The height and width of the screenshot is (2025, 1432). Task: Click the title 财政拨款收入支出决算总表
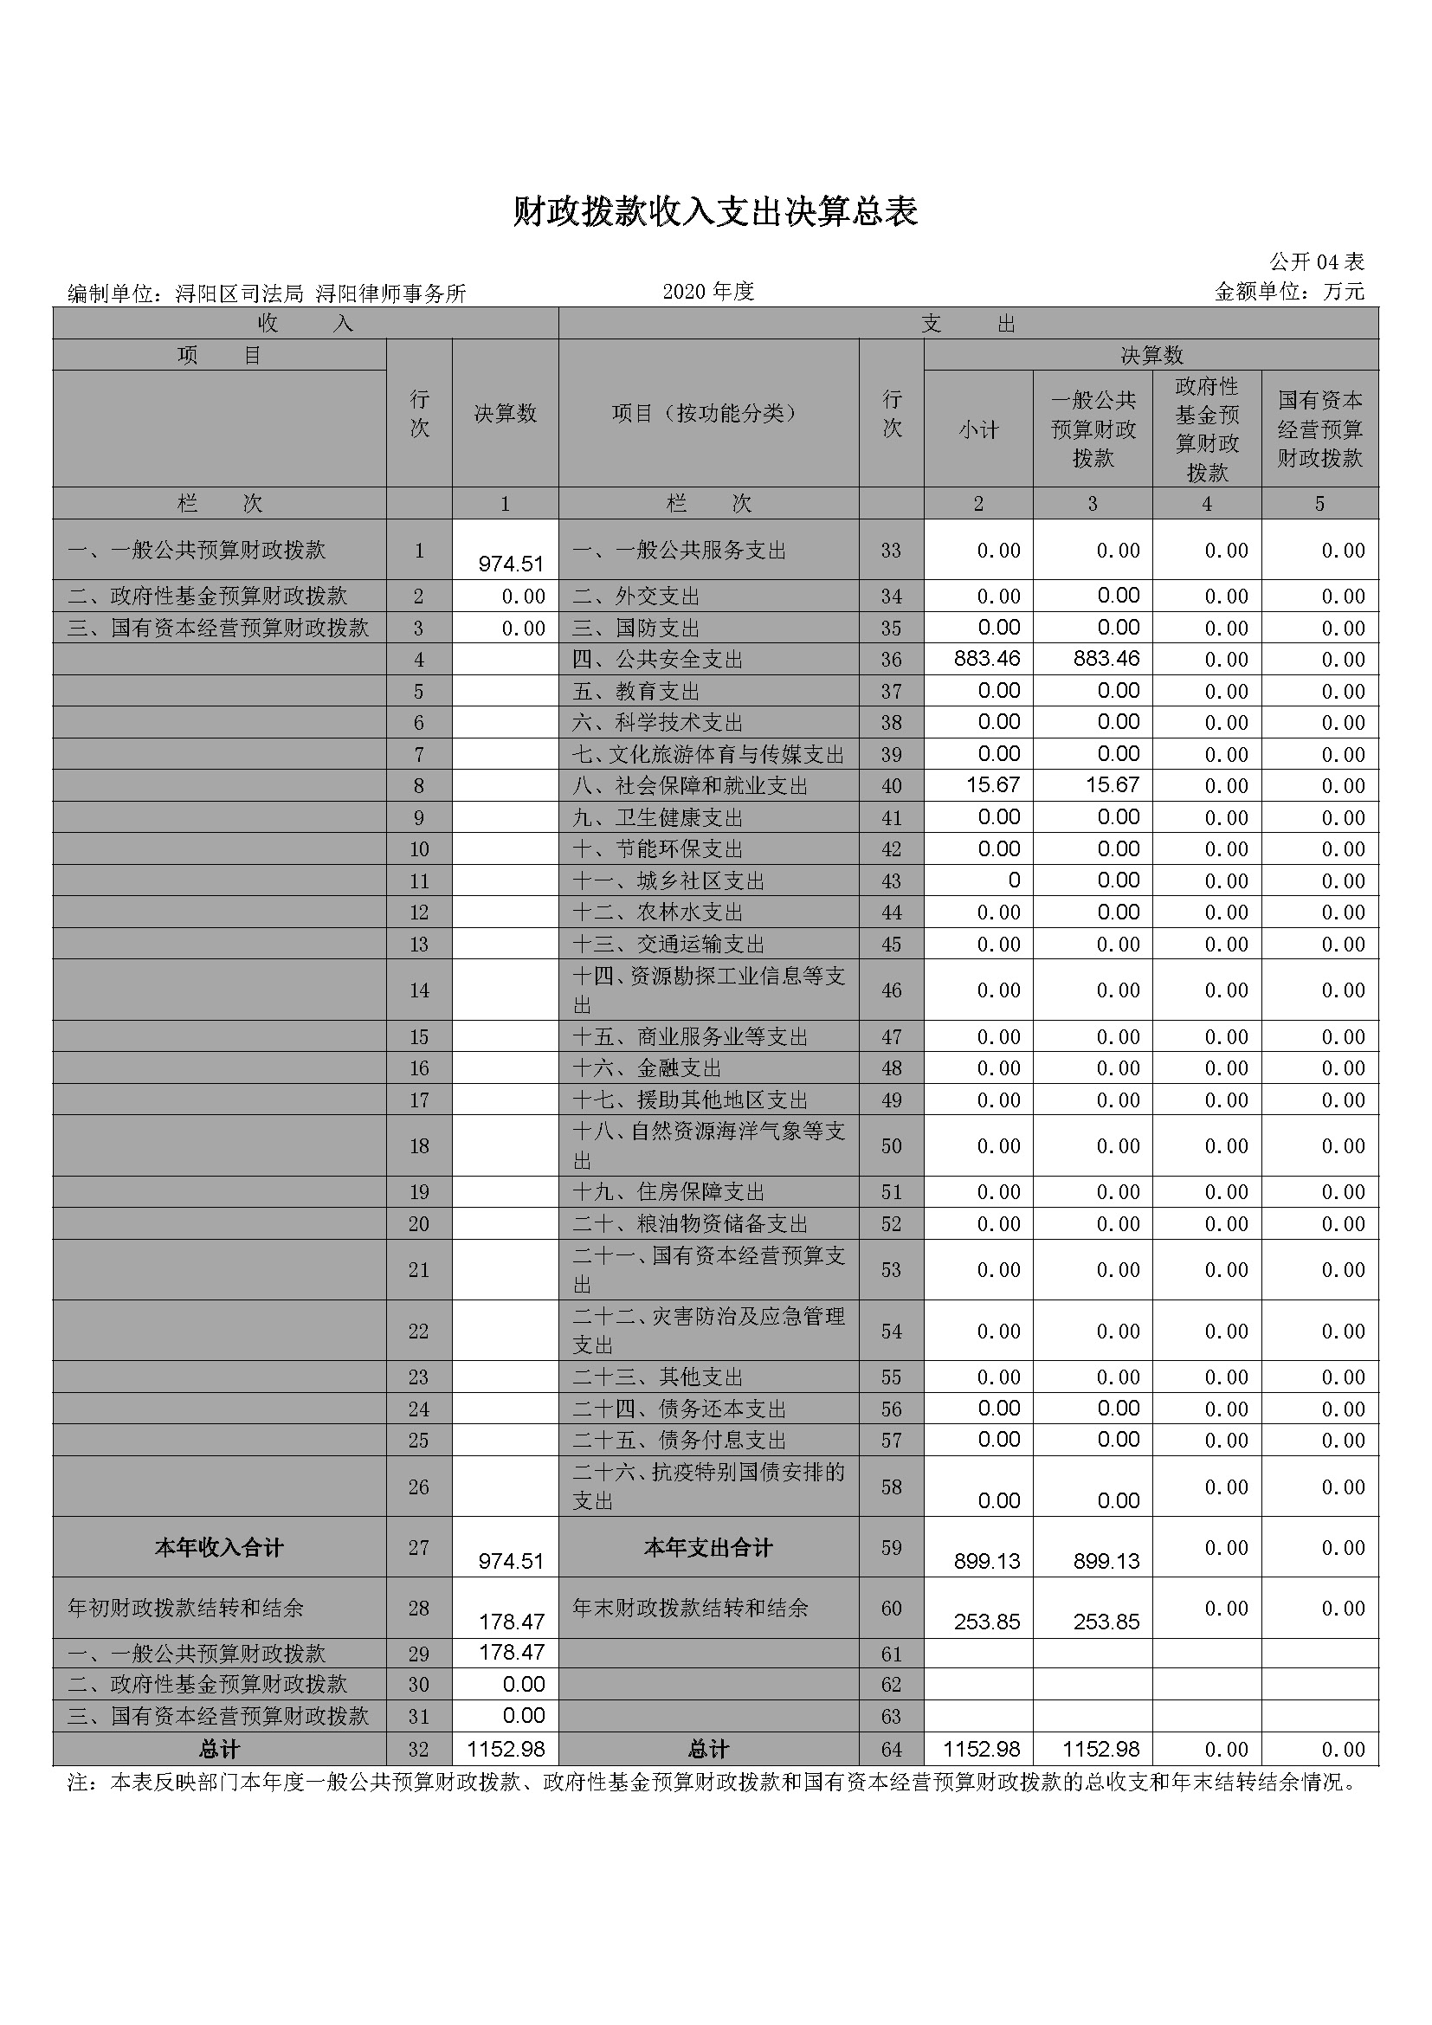pos(715,211)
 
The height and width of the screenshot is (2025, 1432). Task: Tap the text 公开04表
pos(1317,262)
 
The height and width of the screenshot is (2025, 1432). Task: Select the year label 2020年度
pos(708,292)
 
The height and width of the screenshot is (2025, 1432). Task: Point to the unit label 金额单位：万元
pos(1289,292)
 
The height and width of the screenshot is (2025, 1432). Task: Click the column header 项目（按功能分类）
pos(708,414)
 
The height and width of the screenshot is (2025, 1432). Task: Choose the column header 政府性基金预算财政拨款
pos(1206,429)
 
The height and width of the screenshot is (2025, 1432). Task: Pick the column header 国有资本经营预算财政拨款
pos(1319,429)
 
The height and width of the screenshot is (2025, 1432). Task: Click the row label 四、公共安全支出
pos(657,660)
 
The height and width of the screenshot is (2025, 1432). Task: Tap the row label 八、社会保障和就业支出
pos(689,786)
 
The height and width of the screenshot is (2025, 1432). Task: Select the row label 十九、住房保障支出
pos(668,1192)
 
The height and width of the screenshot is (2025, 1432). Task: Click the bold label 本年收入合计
pos(219,1548)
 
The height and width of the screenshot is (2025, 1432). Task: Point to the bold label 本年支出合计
pos(708,1548)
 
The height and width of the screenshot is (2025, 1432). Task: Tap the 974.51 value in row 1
pos(511,564)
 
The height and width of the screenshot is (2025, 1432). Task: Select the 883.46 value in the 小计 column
pos(987,659)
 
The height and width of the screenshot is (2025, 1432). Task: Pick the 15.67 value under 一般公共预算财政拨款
pos(1112,785)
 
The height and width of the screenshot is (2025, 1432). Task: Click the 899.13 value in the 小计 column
pos(987,1561)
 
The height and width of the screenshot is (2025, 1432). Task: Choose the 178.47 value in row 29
pos(511,1652)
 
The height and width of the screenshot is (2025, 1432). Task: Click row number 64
pos(891,1750)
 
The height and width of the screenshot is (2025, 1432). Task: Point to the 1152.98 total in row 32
pos(506,1749)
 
